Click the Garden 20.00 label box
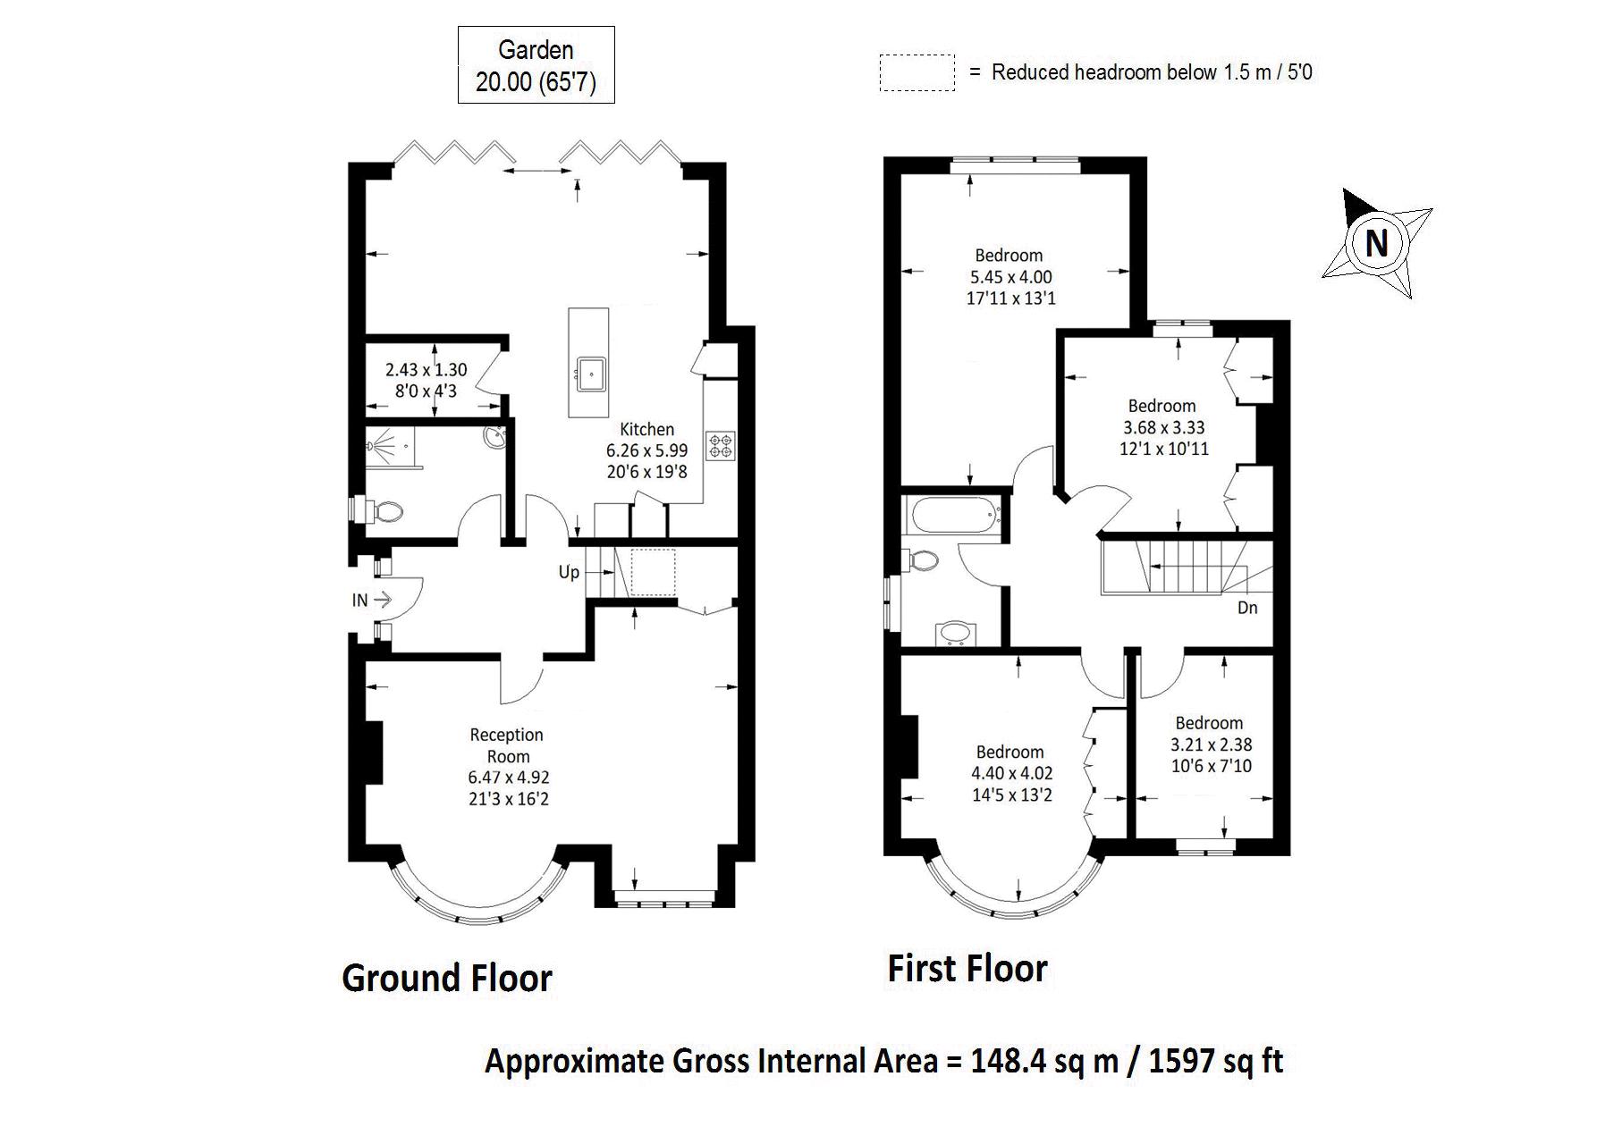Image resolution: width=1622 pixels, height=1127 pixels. (536, 65)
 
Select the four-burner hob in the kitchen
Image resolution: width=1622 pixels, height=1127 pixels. (721, 445)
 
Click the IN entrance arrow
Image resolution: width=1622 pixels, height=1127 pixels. (381, 599)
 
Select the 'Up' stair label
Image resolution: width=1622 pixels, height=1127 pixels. (569, 572)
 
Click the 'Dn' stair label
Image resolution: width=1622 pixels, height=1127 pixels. (1247, 608)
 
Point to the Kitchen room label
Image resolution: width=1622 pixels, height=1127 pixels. (646, 429)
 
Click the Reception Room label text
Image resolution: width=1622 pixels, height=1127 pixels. (507, 745)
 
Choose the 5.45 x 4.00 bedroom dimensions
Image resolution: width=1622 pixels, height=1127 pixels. (1010, 277)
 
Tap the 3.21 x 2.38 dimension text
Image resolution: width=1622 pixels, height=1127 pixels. (1211, 744)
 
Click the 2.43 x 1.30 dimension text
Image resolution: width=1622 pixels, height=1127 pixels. (426, 369)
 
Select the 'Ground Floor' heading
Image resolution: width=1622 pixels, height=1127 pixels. (447, 978)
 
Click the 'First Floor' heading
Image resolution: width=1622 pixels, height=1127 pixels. (967, 969)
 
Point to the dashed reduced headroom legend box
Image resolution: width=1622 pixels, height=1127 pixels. (917, 72)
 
